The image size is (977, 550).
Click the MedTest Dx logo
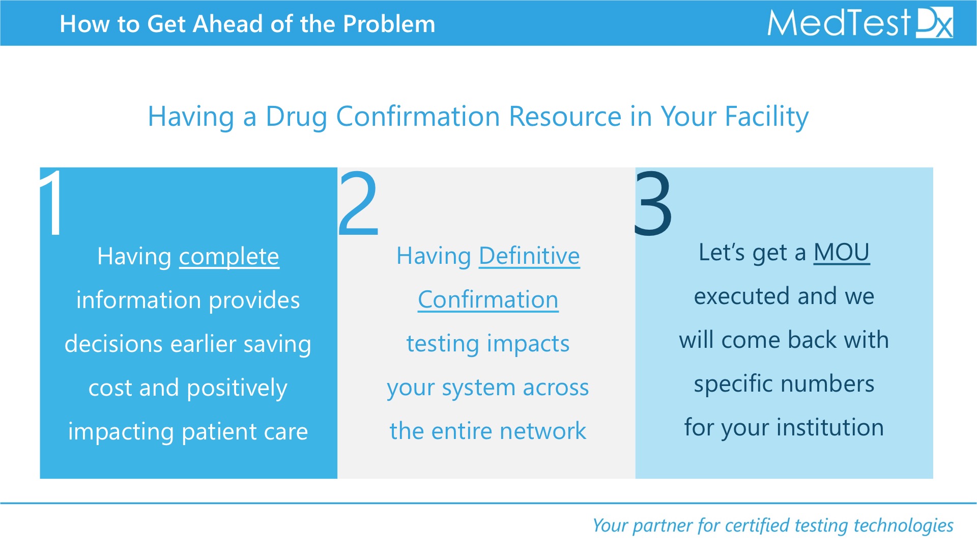tap(860, 23)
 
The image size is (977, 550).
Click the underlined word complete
tap(229, 257)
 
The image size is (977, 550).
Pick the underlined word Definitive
tap(529, 256)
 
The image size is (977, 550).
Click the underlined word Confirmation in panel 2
tap(488, 299)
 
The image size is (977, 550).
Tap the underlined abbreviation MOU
tap(842, 253)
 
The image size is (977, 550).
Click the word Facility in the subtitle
tap(766, 117)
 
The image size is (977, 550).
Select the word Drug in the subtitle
tap(296, 117)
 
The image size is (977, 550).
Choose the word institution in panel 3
tap(830, 427)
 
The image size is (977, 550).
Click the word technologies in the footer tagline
tap(903, 525)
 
